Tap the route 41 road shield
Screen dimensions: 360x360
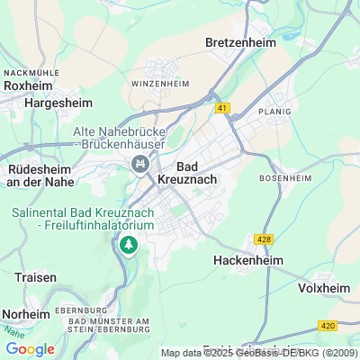(x=222, y=108)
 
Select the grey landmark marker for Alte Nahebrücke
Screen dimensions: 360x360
(x=139, y=164)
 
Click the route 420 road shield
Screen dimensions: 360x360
(x=327, y=325)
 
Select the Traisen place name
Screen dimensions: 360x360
(x=35, y=277)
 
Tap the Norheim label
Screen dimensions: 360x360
(x=26, y=313)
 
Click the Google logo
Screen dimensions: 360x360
(x=30, y=349)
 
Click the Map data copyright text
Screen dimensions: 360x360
(x=259, y=353)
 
